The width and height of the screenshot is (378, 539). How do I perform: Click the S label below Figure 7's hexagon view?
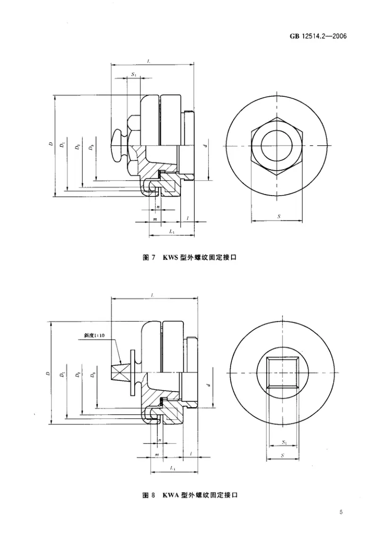[279, 216]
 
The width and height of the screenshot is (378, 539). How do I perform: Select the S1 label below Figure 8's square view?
[283, 442]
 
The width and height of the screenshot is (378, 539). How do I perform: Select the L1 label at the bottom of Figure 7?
[172, 231]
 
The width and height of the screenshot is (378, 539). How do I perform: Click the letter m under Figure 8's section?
[155, 454]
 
